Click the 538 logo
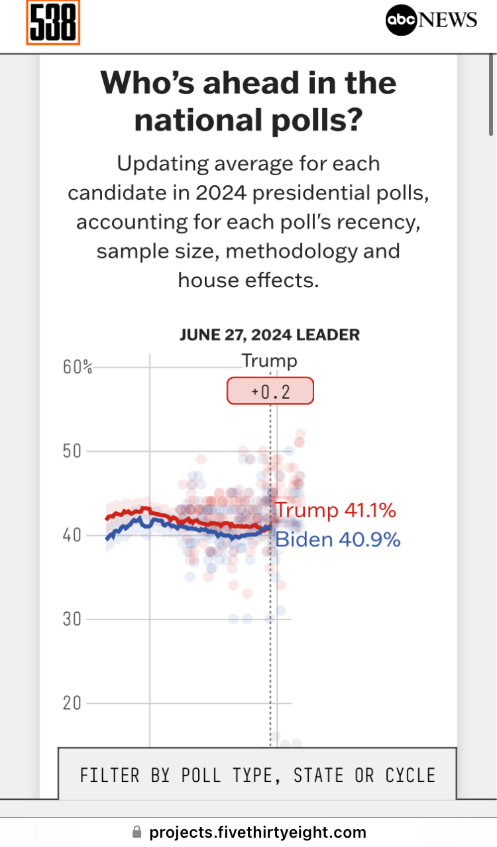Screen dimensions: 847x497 tap(53, 23)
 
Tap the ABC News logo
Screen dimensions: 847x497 tap(431, 21)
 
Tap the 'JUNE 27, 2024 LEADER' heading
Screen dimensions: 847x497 tap(270, 334)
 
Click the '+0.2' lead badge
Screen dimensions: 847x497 tap(270, 391)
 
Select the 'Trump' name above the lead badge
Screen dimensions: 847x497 tap(269, 361)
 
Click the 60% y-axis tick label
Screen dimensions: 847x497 tap(78, 367)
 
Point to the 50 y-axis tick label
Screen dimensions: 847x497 tap(72, 451)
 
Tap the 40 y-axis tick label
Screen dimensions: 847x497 tap(72, 535)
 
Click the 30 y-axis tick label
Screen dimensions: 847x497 tap(72, 619)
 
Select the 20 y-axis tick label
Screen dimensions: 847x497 tap(72, 703)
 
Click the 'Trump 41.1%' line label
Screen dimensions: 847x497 tap(335, 510)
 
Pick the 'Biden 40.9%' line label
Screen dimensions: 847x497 tap(337, 539)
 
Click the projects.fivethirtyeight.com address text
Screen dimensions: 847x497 tap(258, 832)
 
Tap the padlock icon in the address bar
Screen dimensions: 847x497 tap(137, 832)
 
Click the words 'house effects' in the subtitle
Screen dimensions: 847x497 tap(248, 281)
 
